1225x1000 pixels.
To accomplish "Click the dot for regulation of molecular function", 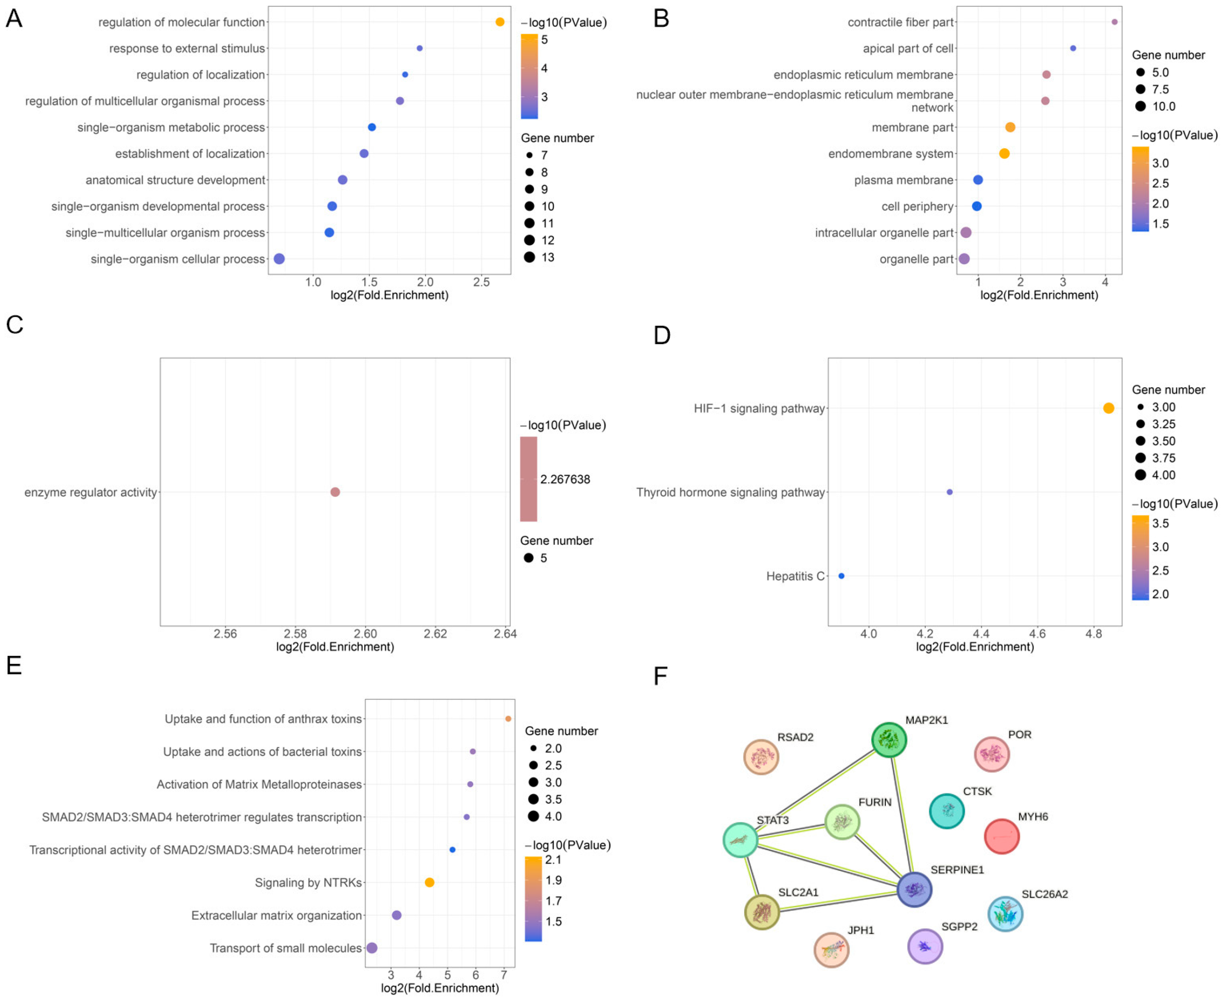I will coord(500,22).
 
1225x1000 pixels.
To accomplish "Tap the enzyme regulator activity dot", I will coord(335,492).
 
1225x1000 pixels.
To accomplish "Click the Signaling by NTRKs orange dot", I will coord(429,882).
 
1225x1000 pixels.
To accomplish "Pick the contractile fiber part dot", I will coord(1114,22).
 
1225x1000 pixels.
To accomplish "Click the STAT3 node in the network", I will coord(740,840).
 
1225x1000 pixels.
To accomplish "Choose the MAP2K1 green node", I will coord(889,740).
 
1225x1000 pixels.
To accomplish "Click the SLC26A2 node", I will coord(1005,914).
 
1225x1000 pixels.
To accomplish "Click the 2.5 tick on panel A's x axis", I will coord(481,283).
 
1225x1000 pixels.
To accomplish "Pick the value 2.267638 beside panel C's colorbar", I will coord(565,479).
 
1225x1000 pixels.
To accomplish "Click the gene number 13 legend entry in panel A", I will coord(547,257).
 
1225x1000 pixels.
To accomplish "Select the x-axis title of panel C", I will coord(335,647).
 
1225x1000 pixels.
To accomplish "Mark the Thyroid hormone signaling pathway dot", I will coord(950,492).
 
